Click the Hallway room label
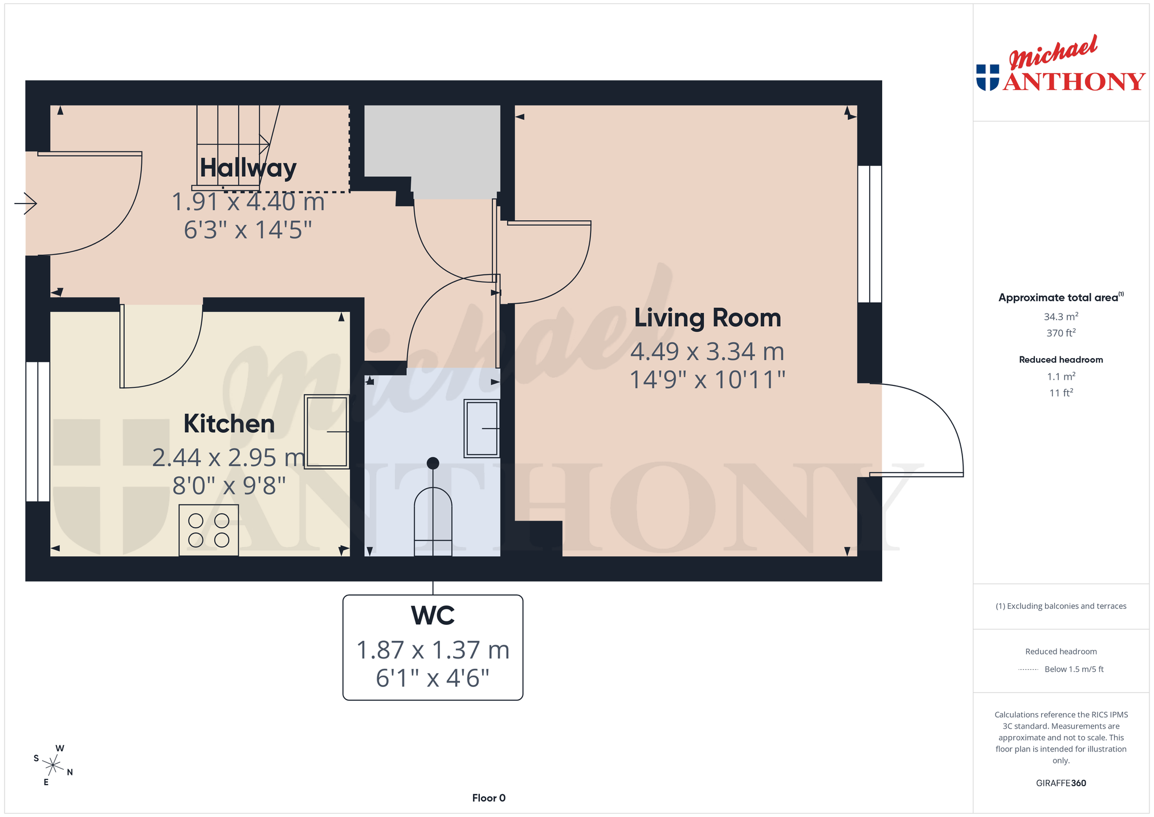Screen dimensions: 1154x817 click(x=248, y=168)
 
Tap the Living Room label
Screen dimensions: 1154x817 click(x=707, y=318)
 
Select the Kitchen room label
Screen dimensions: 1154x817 click(x=229, y=424)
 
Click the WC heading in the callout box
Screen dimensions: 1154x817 click(x=433, y=616)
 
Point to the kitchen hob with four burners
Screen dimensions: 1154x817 click(x=209, y=530)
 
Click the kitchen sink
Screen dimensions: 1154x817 click(x=327, y=432)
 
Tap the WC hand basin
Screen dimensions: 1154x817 click(x=482, y=428)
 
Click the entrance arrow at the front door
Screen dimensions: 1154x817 click(x=26, y=203)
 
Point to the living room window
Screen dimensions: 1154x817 click(x=870, y=234)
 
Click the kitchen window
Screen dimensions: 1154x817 click(x=38, y=432)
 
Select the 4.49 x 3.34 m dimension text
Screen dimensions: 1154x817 click(x=707, y=352)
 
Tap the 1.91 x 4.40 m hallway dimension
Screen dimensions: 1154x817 click(x=248, y=202)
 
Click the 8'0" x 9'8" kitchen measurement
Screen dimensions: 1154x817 click(x=229, y=486)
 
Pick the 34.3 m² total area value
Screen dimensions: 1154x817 click(x=1061, y=316)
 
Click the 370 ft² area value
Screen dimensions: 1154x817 click(x=1061, y=333)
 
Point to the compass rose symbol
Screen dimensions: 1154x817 click(x=53, y=765)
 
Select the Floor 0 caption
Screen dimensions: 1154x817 click(x=489, y=798)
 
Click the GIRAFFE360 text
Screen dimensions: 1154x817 click(x=1061, y=783)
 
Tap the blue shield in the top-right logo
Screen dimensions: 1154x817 click(x=988, y=78)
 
